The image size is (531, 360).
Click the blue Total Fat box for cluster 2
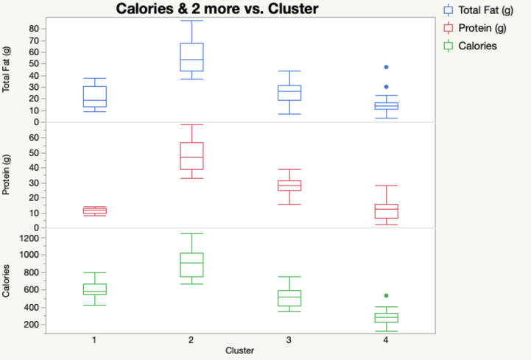coord(191,57)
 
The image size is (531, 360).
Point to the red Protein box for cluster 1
coord(94,211)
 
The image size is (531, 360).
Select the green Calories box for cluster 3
coord(289,297)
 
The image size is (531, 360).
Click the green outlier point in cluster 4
coord(386,296)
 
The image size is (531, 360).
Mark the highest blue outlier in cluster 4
coord(386,67)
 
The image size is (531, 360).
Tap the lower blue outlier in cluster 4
coord(386,87)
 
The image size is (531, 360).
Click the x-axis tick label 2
coord(191,340)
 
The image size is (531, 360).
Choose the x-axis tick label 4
coord(386,340)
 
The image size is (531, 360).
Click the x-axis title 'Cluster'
coord(240,351)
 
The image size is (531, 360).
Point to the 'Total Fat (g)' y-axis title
coord(7,68)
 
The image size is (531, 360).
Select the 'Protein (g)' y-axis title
coord(7,175)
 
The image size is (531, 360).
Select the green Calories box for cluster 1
coord(94,289)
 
